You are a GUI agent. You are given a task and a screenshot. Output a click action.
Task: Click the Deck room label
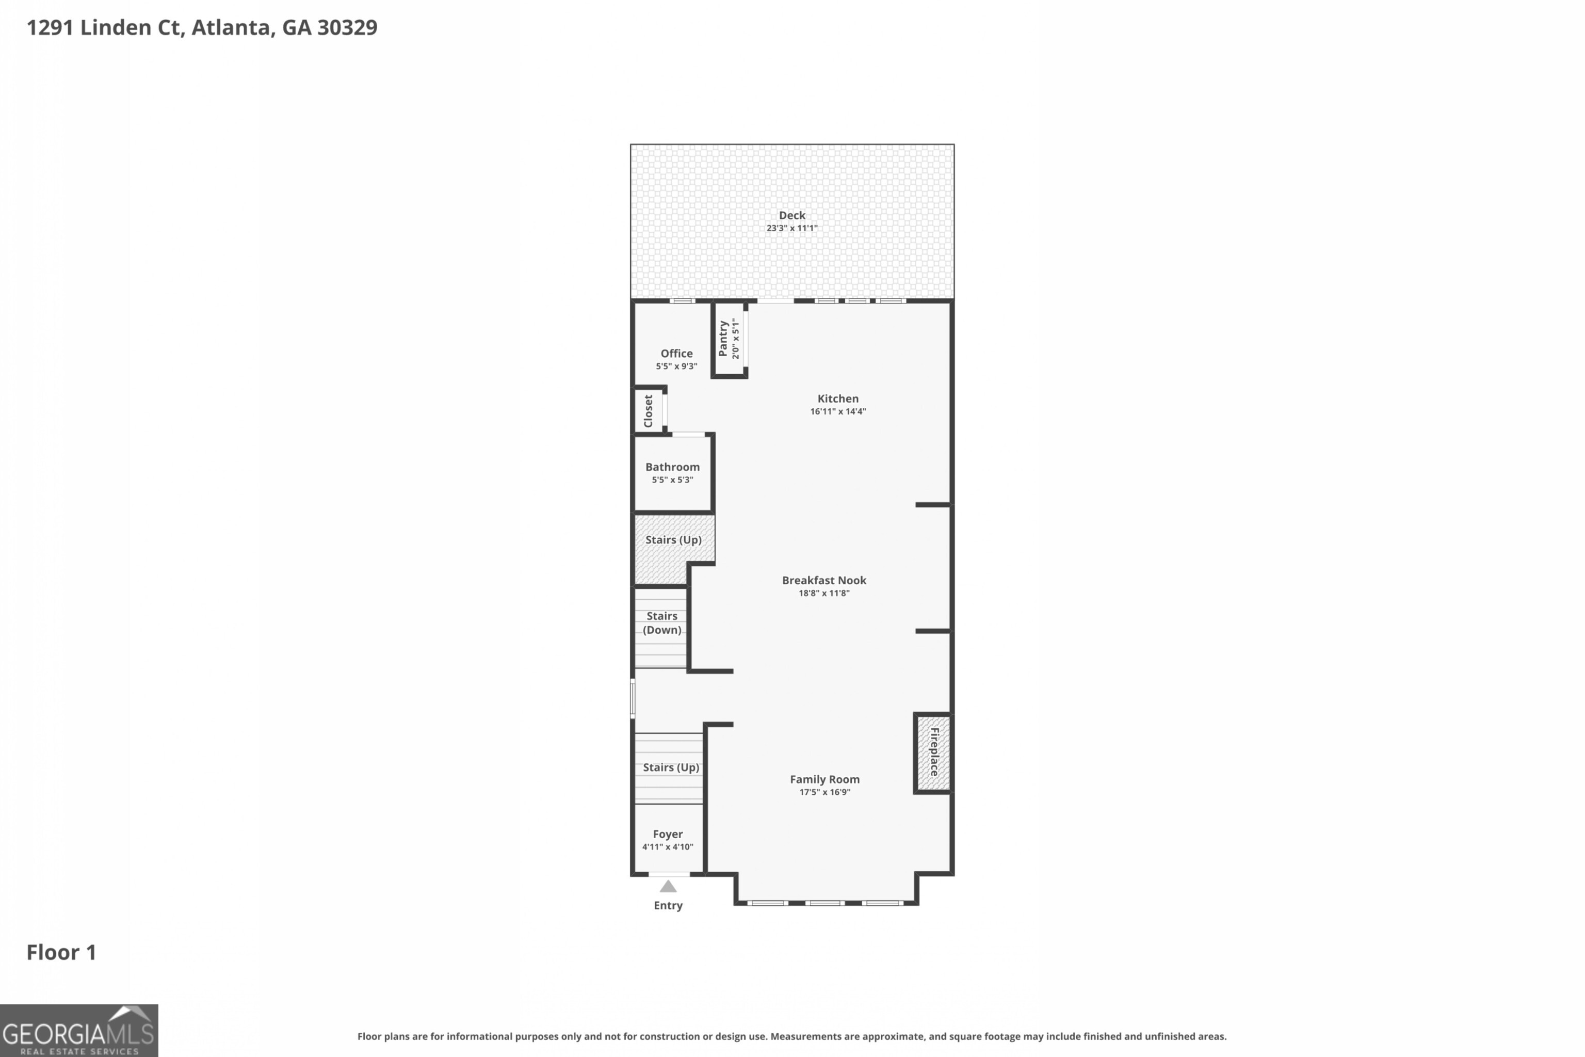[792, 215]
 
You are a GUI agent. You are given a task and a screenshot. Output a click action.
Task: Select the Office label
[676, 353]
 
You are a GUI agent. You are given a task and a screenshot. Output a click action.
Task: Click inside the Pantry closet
[729, 339]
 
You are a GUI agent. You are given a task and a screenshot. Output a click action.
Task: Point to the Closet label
[648, 410]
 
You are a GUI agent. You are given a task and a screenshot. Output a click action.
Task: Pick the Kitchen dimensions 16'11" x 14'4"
[838, 411]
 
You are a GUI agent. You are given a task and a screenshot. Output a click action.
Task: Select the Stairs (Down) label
[662, 623]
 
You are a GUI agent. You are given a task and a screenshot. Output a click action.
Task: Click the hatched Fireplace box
[933, 752]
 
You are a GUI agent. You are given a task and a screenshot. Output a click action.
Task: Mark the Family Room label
[824, 779]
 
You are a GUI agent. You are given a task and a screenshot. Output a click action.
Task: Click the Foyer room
[667, 840]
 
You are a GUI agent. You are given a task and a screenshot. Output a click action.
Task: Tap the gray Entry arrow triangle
[668, 887]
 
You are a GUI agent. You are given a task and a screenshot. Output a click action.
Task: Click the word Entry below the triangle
[668, 905]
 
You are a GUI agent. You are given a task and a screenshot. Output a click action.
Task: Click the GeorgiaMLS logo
[79, 1031]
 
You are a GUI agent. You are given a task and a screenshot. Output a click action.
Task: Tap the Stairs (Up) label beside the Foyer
[671, 767]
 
